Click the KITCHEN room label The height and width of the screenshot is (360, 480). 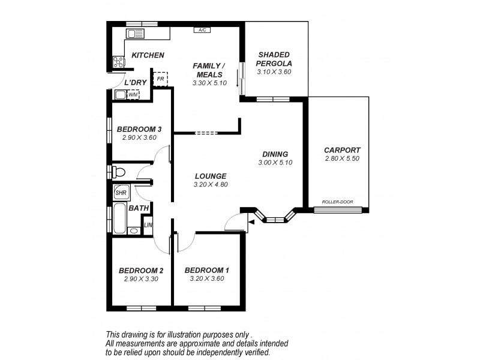pos(148,55)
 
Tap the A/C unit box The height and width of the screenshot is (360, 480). pos(202,29)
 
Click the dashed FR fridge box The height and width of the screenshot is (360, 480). pos(161,79)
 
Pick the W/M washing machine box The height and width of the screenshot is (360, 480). pos(133,94)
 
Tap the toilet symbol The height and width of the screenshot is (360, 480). pos(119,173)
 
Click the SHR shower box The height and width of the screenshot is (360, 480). pos(121,193)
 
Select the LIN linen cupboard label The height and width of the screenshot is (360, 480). pos(148,225)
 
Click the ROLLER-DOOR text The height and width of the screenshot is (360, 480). pos(337,202)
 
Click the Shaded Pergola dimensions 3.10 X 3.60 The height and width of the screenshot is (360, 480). pos(274,72)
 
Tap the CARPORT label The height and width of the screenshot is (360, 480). pos(342,150)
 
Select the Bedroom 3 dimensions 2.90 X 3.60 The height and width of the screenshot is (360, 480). pos(139,137)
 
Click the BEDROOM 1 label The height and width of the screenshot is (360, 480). pos(207,269)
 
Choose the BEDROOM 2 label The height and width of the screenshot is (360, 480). pos(141,270)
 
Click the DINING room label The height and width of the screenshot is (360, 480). pos(275,154)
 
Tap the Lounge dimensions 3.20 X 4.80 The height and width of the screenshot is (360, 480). pos(210,184)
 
